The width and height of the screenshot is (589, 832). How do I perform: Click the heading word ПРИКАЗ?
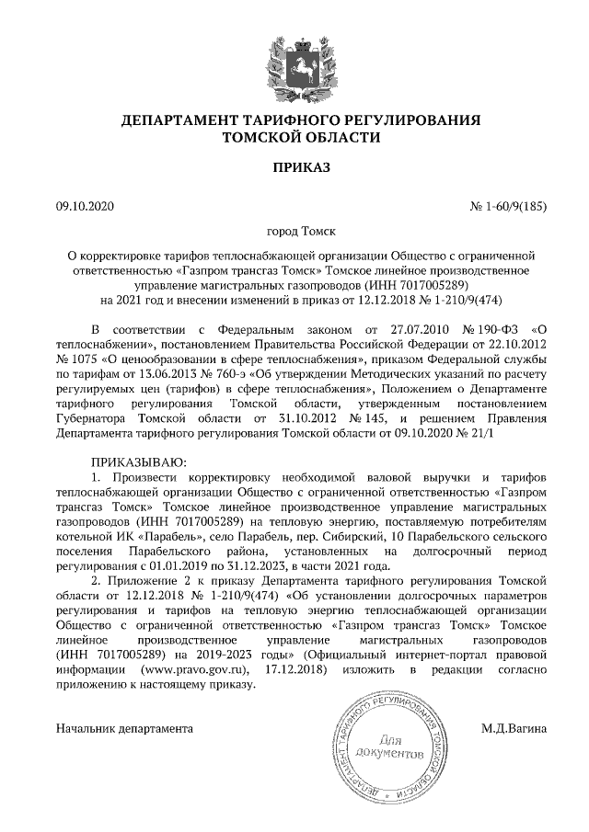(294, 168)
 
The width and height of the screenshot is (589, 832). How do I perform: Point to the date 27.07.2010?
(402, 328)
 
